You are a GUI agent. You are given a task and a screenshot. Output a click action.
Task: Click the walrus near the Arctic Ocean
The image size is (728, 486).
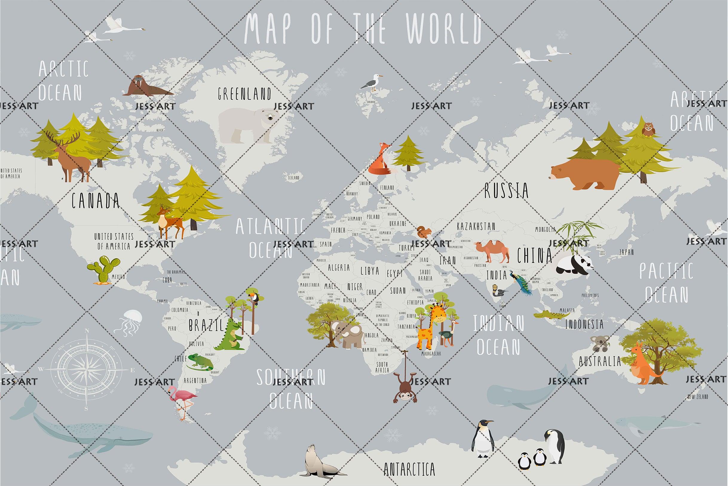tap(145, 87)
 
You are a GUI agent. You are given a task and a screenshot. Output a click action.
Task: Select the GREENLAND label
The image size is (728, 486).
tap(244, 93)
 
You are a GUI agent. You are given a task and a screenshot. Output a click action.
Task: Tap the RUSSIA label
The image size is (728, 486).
tap(506, 190)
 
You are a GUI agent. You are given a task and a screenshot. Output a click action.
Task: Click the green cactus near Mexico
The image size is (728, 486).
tap(103, 269)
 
